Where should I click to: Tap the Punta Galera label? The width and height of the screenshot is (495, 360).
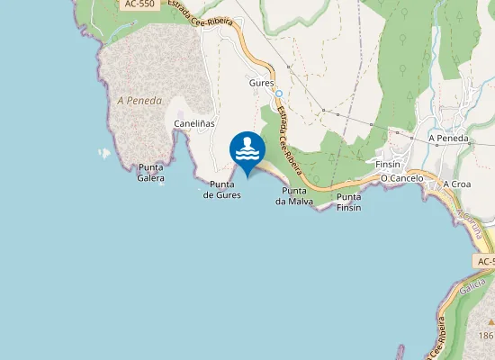click(151, 173)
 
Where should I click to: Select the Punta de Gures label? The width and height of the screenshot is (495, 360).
click(221, 189)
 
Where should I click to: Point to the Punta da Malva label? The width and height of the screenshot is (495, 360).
click(295, 196)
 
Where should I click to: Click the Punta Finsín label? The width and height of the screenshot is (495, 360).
click(348, 202)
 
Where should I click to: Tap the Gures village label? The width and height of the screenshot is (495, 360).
click(261, 81)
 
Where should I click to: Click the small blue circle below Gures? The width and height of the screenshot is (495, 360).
click(279, 94)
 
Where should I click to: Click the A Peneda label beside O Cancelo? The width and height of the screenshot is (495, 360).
click(450, 138)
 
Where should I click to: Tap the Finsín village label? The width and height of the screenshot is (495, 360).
click(387, 165)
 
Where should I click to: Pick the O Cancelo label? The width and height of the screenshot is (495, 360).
click(401, 178)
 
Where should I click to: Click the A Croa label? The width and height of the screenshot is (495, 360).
click(457, 184)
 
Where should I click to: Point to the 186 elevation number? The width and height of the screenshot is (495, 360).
click(487, 334)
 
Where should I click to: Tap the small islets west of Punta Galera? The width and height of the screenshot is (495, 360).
click(104, 153)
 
